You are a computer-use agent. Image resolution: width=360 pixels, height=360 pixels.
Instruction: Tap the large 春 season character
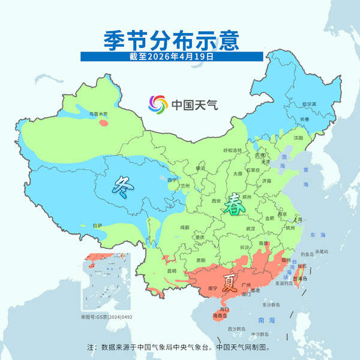233,207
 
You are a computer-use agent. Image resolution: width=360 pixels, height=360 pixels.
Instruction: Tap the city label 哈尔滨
308,104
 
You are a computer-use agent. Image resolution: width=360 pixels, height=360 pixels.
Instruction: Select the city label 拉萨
98,226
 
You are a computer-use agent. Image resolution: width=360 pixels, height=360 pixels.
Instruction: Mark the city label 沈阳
298,137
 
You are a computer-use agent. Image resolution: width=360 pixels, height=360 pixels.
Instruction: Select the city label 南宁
211,289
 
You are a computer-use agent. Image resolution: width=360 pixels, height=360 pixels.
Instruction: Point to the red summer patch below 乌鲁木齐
103,123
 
